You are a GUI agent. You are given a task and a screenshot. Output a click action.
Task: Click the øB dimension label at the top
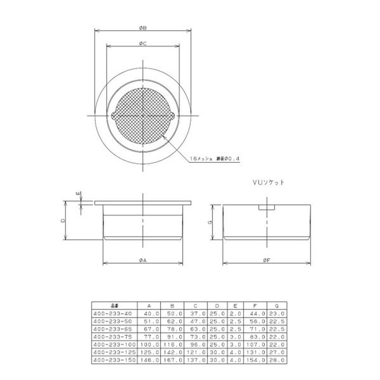click(142, 28)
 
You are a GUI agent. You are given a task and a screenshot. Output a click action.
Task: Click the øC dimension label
click(142, 44)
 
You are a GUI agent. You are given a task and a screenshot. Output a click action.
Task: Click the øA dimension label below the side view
click(142, 261)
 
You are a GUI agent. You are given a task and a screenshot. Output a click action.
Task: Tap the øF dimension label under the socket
click(267, 261)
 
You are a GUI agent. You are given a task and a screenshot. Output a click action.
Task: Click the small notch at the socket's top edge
click(267, 208)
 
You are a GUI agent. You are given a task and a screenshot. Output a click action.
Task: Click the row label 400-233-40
click(113, 314)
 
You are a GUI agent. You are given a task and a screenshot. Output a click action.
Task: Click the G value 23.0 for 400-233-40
click(277, 314)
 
